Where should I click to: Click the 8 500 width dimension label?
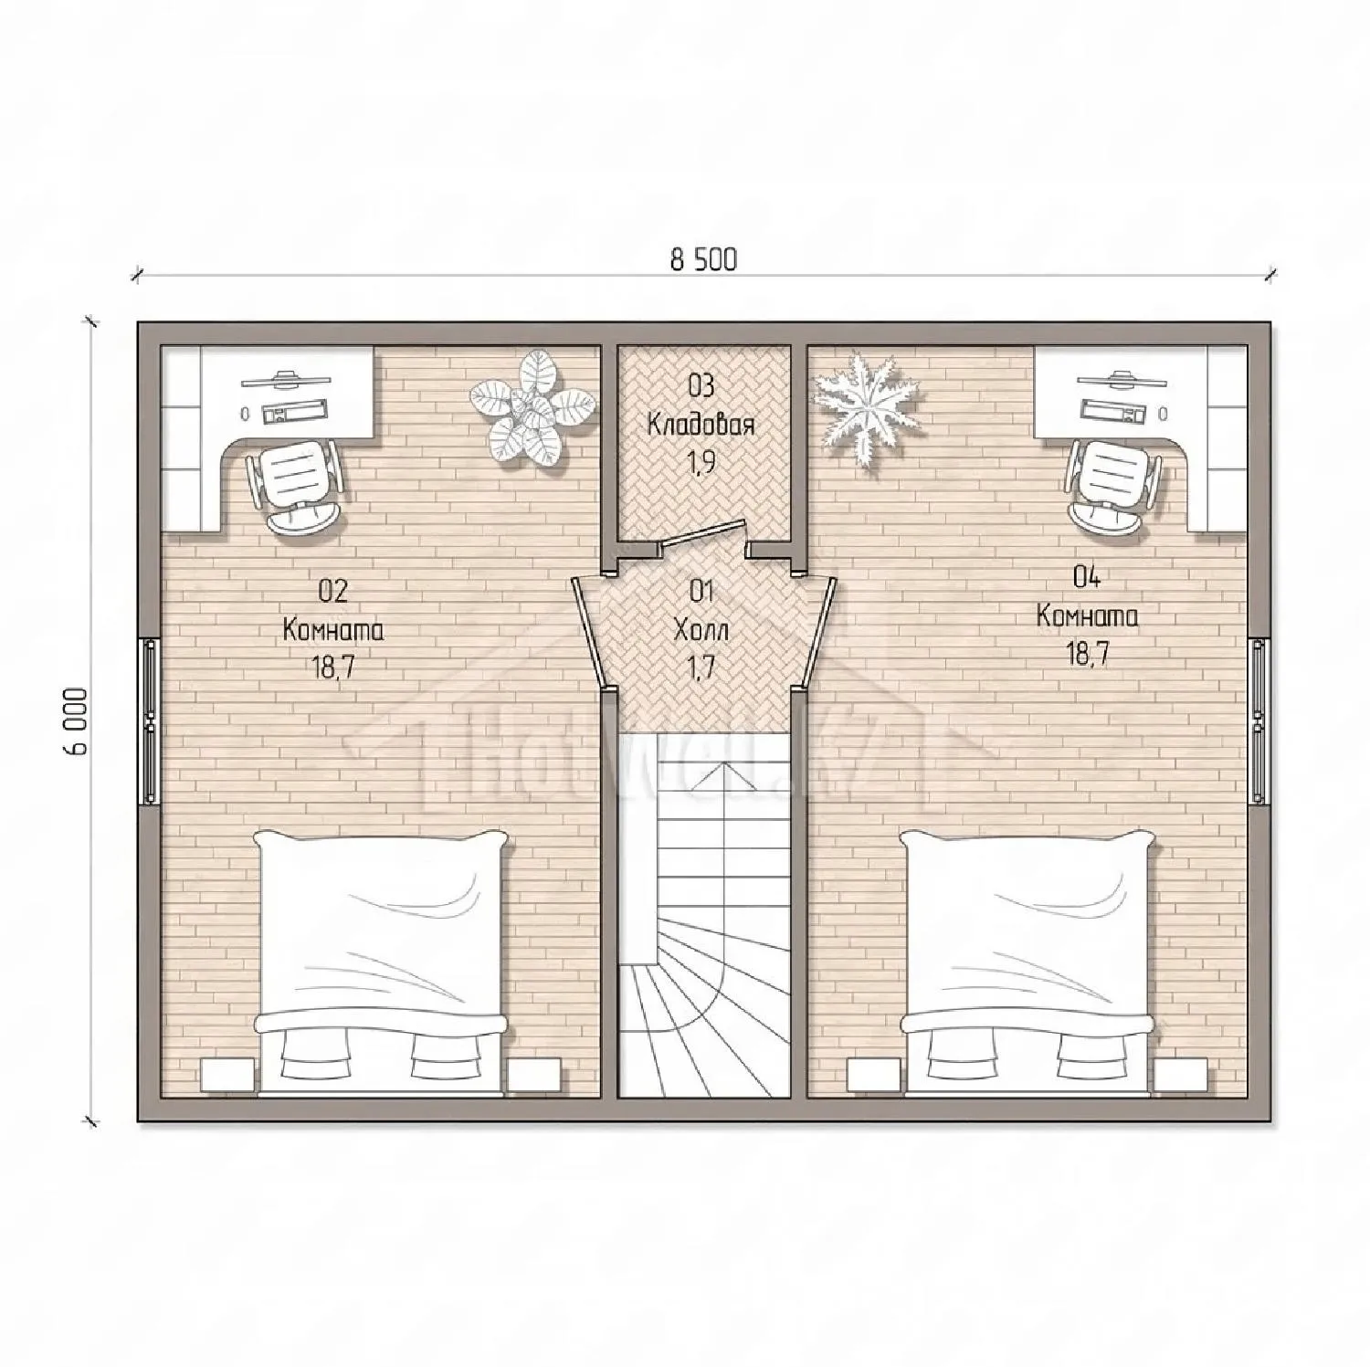click(703, 260)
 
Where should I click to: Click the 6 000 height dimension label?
click(77, 721)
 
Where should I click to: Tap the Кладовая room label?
click(701, 425)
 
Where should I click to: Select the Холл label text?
click(701, 629)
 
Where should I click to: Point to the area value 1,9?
click(701, 463)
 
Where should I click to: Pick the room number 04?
click(1087, 576)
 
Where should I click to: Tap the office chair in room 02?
click(296, 484)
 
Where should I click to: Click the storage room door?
click(703, 535)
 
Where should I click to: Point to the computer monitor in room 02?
click(287, 376)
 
